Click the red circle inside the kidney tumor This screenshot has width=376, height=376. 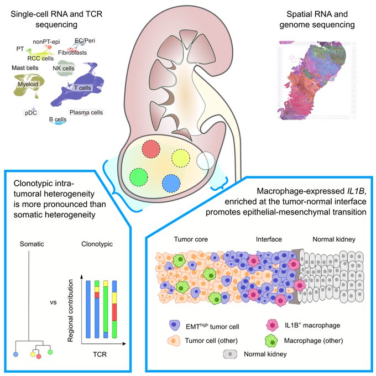(x=151, y=149)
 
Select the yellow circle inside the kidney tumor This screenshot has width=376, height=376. (x=180, y=158)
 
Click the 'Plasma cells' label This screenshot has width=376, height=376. (x=86, y=112)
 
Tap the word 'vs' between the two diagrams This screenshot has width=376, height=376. (x=54, y=303)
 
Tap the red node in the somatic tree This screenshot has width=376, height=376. (x=39, y=356)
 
